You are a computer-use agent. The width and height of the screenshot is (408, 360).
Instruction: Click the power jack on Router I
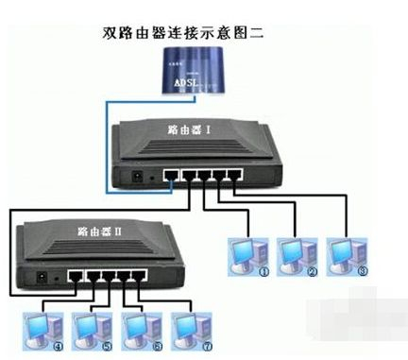[x=142, y=176]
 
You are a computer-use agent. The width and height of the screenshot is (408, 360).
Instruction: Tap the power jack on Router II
[x=42, y=279]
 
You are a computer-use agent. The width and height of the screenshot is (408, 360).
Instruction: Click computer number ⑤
[x=93, y=327]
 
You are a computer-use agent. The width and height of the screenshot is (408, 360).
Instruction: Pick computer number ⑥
[x=140, y=327]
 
